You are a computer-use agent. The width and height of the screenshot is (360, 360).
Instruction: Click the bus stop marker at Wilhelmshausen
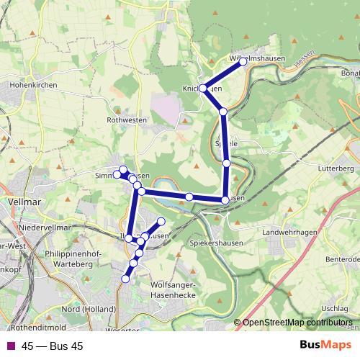[x=243, y=62]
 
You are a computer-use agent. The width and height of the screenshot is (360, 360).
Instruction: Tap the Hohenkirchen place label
[x=28, y=84]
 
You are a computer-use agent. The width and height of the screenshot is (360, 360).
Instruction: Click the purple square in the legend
[x=11, y=346]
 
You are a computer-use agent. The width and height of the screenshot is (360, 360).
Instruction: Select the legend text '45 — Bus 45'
[x=52, y=346]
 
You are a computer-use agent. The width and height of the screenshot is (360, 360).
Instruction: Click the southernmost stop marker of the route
[x=126, y=279]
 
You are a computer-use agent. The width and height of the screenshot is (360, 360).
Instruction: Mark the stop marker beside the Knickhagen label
[x=204, y=88]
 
